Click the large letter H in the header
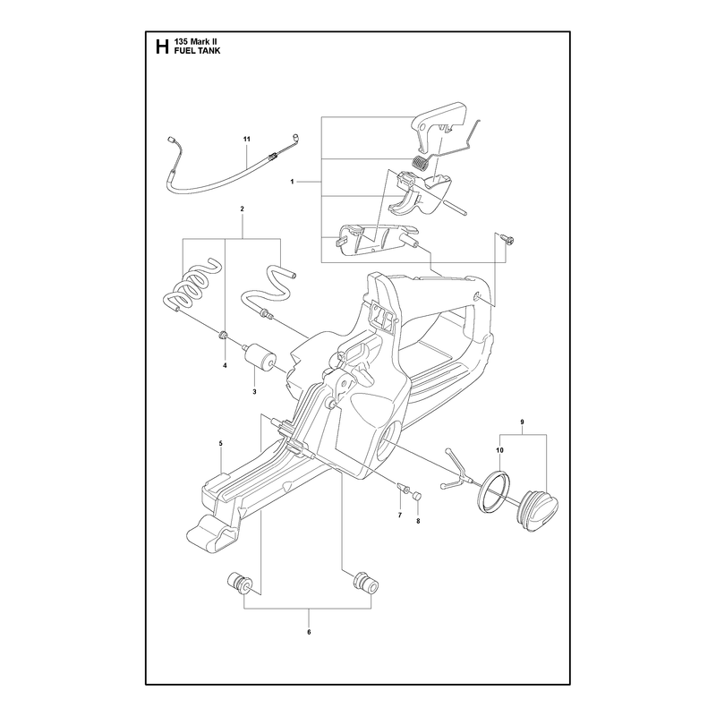click(162, 47)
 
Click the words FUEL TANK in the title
click(197, 51)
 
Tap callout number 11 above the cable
click(247, 139)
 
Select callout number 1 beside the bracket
click(292, 182)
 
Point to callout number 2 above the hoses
click(242, 209)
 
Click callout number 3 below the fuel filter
click(254, 391)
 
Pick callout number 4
click(225, 365)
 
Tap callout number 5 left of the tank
click(220, 443)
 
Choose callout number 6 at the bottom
click(309, 632)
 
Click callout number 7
click(400, 516)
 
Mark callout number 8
click(418, 520)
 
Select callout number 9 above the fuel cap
click(522, 422)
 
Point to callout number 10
click(499, 450)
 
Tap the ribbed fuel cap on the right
click(538, 510)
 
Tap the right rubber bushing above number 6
click(365, 584)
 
